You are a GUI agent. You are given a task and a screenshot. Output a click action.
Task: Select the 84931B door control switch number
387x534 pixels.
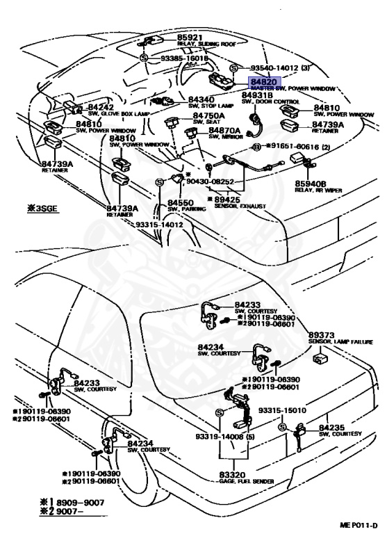point(258,95)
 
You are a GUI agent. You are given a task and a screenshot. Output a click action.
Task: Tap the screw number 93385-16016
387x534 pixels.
point(182,60)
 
